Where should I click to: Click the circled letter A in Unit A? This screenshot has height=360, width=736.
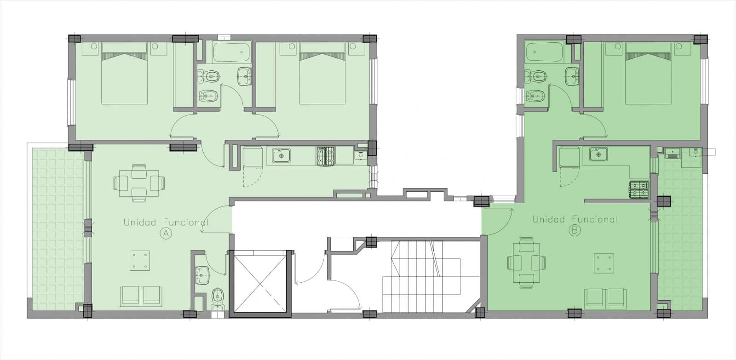pyautogui.click(x=166, y=234)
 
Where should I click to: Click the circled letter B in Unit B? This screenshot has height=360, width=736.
pyautogui.click(x=575, y=231)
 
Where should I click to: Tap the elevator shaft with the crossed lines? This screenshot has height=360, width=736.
pyautogui.click(x=260, y=284)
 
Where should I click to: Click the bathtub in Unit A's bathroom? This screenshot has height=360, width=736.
pyautogui.click(x=231, y=52)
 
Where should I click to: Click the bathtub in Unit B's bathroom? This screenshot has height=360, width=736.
pyautogui.click(x=544, y=52)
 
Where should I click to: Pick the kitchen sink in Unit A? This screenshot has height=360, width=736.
pyautogui.click(x=281, y=155)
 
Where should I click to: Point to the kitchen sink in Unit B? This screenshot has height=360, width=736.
pyautogui.click(x=598, y=154)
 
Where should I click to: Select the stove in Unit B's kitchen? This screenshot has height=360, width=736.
pyautogui.click(x=639, y=189)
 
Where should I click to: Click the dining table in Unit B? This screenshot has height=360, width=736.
pyautogui.click(x=527, y=263)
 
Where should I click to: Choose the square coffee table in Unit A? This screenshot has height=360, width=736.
pyautogui.click(x=140, y=261)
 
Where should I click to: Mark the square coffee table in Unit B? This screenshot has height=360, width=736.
pyautogui.click(x=604, y=263)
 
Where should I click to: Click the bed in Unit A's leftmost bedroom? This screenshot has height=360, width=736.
pyautogui.click(x=124, y=73)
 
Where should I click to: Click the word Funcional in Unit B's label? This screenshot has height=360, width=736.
pyautogui.click(x=594, y=219)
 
